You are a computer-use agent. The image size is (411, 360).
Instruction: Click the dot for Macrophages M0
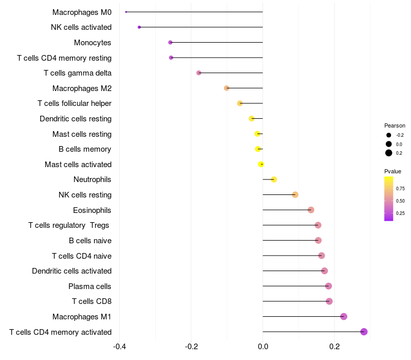(x=126, y=12)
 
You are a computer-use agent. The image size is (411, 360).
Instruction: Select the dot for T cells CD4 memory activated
(x=364, y=332)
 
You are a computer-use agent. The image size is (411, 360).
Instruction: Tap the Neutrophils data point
(x=274, y=179)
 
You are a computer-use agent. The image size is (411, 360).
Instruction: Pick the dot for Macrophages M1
(x=344, y=317)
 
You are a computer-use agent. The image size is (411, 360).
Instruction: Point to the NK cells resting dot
(x=295, y=194)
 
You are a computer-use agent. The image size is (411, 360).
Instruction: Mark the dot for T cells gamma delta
(x=199, y=73)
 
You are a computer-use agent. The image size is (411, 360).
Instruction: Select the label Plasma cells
(x=90, y=286)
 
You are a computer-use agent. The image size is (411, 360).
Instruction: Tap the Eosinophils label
(x=92, y=210)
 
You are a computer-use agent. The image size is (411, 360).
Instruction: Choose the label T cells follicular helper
(x=74, y=103)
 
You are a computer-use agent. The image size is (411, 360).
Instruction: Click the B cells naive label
(x=90, y=241)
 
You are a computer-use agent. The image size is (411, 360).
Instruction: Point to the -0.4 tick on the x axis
(x=119, y=346)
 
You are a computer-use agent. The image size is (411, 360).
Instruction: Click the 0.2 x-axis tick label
(x=334, y=346)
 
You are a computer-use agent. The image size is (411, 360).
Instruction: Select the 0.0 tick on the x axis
(x=263, y=346)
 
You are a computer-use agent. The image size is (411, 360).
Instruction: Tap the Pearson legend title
(x=395, y=125)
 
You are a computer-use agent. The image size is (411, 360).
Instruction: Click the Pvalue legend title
(x=393, y=171)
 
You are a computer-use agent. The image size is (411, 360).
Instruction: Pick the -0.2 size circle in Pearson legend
(x=389, y=135)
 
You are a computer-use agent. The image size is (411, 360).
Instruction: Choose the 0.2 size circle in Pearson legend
(x=389, y=153)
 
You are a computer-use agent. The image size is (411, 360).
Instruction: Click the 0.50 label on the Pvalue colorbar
(x=400, y=201)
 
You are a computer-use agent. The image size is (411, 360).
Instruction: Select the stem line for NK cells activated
(x=200, y=27)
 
